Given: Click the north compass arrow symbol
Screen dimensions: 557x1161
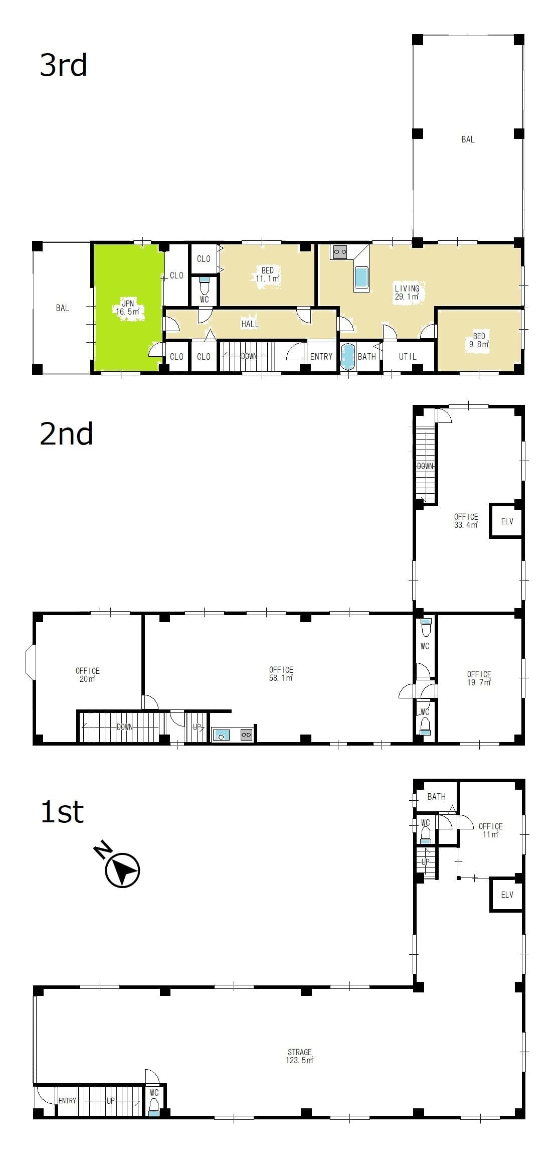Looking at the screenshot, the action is click(x=122, y=869).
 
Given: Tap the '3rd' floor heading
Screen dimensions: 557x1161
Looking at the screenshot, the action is click(x=64, y=66).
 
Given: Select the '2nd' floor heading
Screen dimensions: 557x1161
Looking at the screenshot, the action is click(x=66, y=434).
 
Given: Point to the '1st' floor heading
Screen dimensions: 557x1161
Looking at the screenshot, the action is click(x=62, y=812).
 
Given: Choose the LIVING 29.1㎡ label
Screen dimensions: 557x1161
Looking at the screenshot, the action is click(x=407, y=293).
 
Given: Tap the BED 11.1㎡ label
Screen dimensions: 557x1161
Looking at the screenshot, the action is click(x=267, y=274).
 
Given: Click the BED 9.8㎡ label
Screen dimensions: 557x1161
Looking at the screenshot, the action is click(x=479, y=340).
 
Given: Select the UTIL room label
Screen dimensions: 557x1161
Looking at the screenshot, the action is click(x=408, y=356).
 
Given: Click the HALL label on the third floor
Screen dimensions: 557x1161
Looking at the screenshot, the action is click(x=250, y=324).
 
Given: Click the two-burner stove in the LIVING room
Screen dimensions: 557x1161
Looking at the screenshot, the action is click(x=340, y=252).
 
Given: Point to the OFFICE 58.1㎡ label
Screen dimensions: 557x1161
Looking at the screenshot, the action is click(x=281, y=674).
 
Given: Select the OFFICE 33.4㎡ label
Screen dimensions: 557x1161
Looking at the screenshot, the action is click(x=466, y=521).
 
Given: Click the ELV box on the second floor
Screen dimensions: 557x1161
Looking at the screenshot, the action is click(x=506, y=521).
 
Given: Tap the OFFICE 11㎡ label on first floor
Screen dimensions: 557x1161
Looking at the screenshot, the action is click(x=490, y=830).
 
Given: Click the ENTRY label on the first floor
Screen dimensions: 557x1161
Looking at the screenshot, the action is click(x=67, y=1101).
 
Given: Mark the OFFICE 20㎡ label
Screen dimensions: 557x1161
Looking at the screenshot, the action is click(x=88, y=675).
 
